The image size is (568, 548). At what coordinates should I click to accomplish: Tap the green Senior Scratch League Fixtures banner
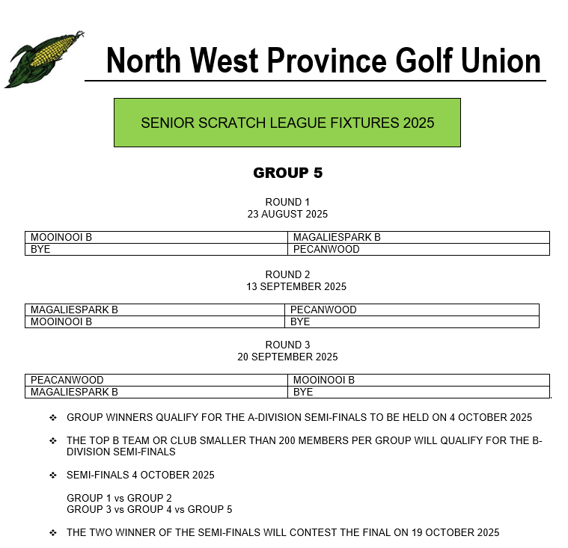point(287,123)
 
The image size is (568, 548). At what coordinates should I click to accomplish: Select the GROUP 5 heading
point(287,173)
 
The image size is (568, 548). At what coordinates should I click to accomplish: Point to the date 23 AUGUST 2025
point(287,214)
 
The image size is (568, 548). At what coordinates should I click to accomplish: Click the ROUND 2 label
point(287,274)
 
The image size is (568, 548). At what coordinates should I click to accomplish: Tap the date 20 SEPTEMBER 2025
point(287,357)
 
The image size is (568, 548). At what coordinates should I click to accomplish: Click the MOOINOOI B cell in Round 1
point(61,238)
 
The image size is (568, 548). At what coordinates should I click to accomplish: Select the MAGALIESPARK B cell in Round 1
point(337,238)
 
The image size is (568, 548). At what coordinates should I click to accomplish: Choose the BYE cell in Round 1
point(40,249)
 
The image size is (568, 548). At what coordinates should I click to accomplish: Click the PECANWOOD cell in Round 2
point(323,310)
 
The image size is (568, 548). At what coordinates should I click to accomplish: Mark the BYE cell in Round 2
point(300,321)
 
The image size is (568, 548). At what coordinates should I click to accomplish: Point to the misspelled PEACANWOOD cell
point(67,380)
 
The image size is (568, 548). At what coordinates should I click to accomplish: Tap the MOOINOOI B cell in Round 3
point(323,380)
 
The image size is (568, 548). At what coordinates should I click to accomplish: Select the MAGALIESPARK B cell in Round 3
point(74,392)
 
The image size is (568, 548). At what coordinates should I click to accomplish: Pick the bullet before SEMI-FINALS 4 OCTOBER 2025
point(53,475)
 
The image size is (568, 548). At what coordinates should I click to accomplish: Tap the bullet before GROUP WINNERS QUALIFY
point(53,417)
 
